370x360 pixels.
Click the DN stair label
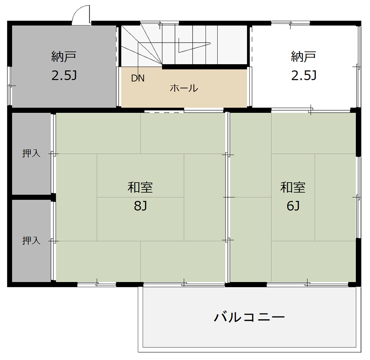click(138, 78)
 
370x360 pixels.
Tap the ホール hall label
click(184, 88)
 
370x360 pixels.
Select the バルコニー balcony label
click(249, 317)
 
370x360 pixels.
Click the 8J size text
click(141, 205)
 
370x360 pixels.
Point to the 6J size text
click(293, 205)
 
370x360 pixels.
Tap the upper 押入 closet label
click(31, 153)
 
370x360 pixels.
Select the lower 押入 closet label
click(31, 241)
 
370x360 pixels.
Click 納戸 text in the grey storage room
click(64, 57)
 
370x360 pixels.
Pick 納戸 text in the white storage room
click(303, 57)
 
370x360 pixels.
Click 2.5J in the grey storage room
click(64, 76)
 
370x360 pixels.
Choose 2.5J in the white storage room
click(304, 76)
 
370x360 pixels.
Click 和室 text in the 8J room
click(140, 187)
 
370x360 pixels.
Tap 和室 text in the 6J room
click(293, 187)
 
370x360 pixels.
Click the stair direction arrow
click(195, 45)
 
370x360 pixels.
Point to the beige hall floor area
click(184, 88)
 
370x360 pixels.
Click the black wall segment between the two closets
click(32, 197)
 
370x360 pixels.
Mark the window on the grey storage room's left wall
click(9, 86)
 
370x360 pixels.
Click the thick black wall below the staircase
click(205, 67)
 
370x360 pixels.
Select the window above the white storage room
click(290, 23)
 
